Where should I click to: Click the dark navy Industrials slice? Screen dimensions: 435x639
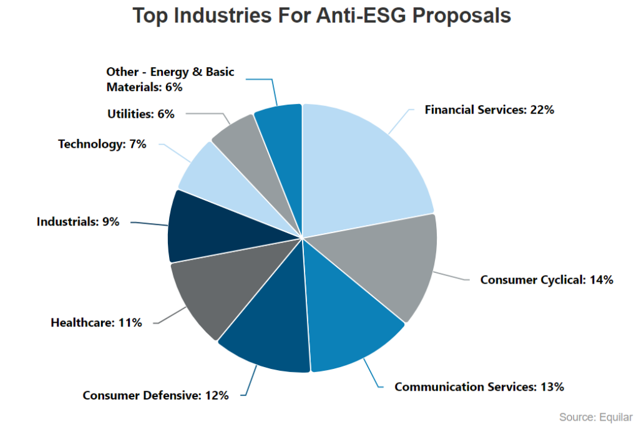[x=206, y=227]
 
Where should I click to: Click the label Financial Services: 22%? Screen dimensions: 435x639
[x=489, y=110]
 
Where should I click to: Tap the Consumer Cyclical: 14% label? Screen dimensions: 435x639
[x=547, y=280]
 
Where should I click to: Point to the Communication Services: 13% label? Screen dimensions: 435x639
[x=479, y=386]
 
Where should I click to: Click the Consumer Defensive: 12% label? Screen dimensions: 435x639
[x=155, y=395]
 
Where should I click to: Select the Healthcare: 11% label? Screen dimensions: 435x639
[x=96, y=323]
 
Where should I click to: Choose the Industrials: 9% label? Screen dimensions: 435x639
[x=78, y=221]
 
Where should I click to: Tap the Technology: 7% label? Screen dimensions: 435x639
[x=102, y=144]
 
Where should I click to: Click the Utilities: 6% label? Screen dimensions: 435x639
[x=140, y=114]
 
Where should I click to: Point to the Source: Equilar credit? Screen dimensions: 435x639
[x=595, y=417]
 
